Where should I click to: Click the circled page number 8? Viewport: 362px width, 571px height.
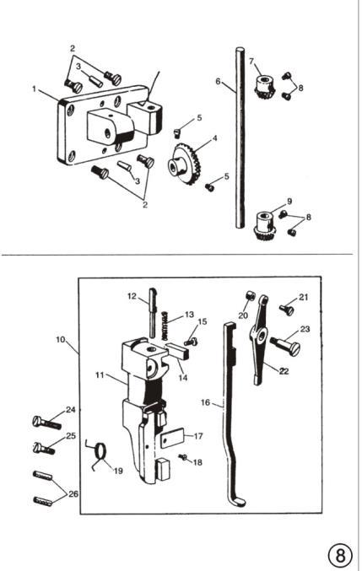[341, 556]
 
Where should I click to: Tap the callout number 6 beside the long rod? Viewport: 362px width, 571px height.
[218, 81]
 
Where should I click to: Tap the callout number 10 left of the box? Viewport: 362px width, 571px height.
[61, 340]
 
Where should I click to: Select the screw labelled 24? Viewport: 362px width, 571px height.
[46, 423]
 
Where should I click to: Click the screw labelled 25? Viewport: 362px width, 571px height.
[44, 448]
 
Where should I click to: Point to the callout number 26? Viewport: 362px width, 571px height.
[73, 494]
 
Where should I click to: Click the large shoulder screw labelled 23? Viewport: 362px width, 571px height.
[285, 345]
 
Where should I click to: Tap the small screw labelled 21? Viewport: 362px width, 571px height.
[287, 310]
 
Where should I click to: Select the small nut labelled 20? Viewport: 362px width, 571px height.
[251, 295]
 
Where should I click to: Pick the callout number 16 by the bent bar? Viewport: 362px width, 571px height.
[205, 402]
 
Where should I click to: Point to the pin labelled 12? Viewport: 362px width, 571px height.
[153, 312]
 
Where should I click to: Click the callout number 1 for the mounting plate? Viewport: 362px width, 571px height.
[35, 89]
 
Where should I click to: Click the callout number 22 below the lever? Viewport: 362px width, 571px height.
[284, 371]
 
